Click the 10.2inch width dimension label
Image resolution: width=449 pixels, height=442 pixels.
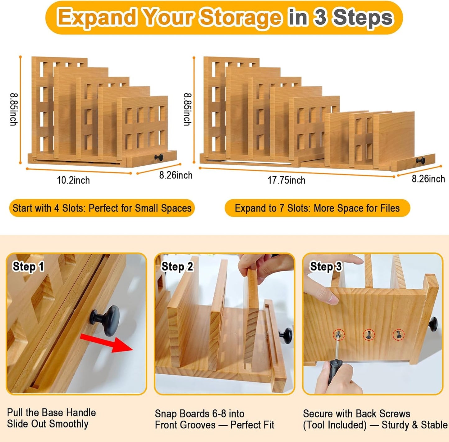coord(73,180)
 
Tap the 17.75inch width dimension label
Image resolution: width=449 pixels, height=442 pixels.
coord(286,180)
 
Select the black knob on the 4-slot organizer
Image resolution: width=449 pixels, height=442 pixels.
coord(159,157)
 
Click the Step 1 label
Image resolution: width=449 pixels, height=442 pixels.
coord(28,267)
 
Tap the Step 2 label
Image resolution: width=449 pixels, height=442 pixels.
coord(177,267)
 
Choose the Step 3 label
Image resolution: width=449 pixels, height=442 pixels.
coord(326,266)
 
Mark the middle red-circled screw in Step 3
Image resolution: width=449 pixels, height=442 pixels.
coord(369,335)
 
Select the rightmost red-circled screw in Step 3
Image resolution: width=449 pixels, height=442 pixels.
coord(398,334)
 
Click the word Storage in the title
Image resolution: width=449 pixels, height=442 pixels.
coord(240,17)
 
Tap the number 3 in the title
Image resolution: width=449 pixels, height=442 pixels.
coord(320,17)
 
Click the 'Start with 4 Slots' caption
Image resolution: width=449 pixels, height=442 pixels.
coord(102,208)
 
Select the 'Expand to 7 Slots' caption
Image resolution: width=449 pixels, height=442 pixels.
coord(317,208)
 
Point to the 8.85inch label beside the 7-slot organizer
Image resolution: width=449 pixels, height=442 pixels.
coord(187,109)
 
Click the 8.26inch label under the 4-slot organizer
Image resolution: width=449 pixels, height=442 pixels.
coord(176,175)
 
